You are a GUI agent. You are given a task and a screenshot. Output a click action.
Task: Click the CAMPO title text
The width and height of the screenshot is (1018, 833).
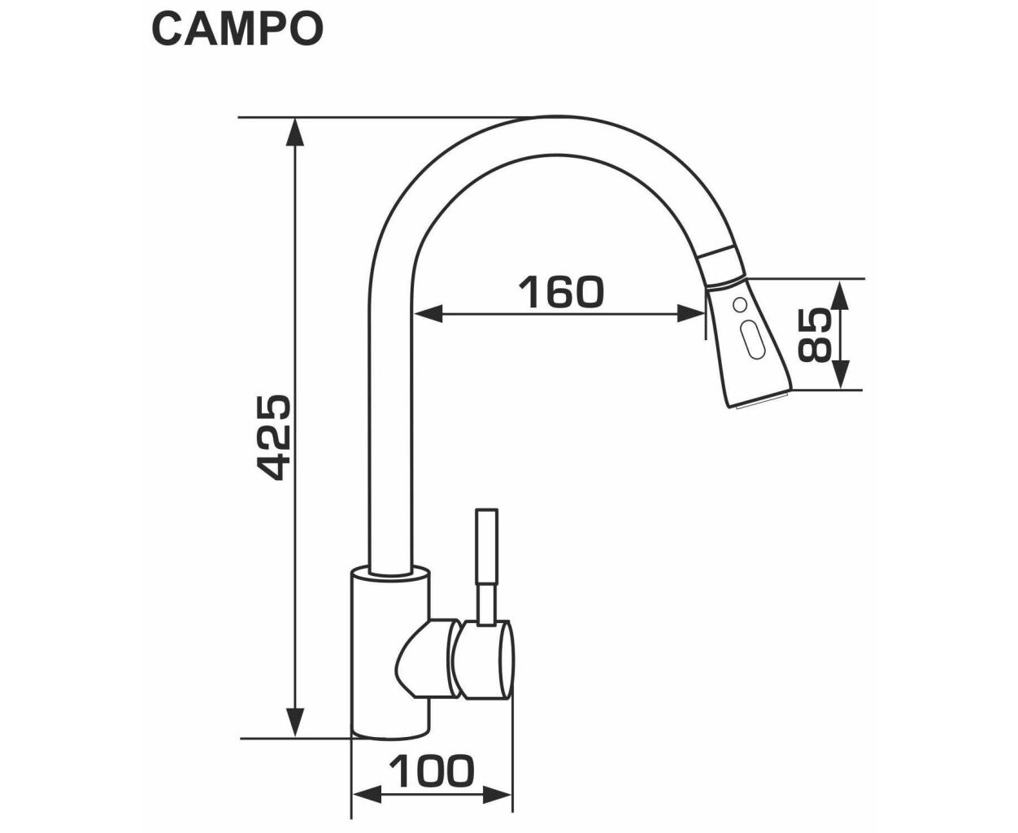click(x=237, y=29)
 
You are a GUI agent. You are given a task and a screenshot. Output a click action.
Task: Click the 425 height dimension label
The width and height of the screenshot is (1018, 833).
click(x=274, y=438)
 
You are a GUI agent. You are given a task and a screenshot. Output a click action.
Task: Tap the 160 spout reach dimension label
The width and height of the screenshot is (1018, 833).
click(x=561, y=292)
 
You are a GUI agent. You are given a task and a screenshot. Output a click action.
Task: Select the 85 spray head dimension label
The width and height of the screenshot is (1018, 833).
click(x=815, y=334)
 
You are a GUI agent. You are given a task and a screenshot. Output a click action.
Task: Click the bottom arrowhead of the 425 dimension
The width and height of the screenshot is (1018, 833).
click(x=295, y=722)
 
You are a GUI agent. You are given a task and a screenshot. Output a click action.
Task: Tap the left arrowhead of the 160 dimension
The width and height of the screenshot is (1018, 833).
click(x=429, y=314)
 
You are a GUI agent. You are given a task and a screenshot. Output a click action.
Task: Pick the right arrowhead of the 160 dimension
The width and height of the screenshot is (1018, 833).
click(x=691, y=314)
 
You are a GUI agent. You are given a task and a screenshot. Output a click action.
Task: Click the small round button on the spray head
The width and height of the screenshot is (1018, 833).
click(x=738, y=304)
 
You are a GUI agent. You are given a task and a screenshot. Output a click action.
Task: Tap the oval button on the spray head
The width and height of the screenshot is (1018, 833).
click(x=755, y=339)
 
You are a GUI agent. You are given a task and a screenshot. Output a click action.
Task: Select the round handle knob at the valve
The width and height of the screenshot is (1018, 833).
click(x=486, y=660)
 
